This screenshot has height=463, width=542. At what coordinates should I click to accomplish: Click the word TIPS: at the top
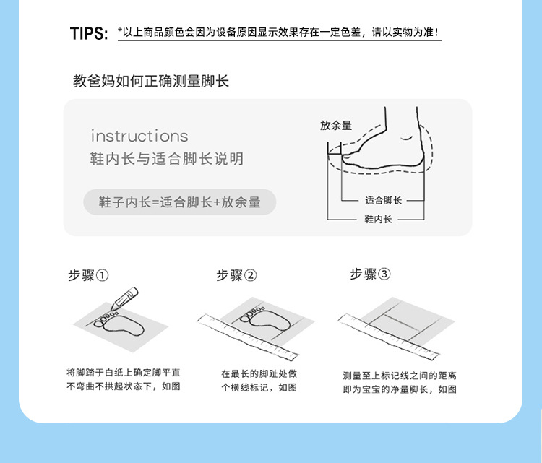click(x=89, y=33)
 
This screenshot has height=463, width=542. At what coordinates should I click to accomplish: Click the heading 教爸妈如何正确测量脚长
click(x=151, y=81)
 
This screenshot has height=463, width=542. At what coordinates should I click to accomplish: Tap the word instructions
click(x=139, y=136)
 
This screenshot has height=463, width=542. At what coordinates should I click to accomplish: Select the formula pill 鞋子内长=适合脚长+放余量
click(x=179, y=202)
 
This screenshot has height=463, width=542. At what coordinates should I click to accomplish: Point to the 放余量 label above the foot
click(x=336, y=126)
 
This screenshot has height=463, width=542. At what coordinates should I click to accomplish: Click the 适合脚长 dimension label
click(x=383, y=200)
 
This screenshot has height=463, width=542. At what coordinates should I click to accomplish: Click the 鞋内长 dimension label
click(x=378, y=219)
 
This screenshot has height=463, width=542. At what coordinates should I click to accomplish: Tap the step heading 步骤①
click(x=88, y=275)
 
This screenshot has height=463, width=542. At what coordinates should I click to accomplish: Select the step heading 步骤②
click(x=236, y=275)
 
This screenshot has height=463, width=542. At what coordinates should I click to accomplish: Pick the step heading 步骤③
click(x=370, y=274)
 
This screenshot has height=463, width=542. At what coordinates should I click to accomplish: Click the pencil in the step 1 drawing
click(x=124, y=298)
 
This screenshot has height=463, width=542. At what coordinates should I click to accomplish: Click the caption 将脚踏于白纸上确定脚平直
click(x=124, y=373)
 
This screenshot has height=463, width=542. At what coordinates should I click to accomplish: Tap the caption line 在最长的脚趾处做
click(x=259, y=373)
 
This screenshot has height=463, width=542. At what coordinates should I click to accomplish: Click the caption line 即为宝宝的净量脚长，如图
click(x=400, y=389)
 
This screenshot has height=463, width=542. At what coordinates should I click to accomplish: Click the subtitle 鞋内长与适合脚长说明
click(x=167, y=159)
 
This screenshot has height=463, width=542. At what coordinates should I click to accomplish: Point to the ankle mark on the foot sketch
click(x=406, y=138)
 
